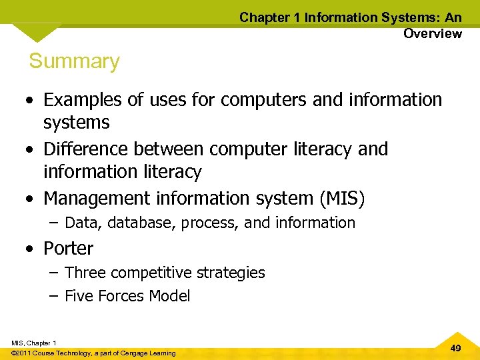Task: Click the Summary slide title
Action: (x=74, y=61)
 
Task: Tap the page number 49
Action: (x=456, y=348)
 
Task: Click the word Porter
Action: (x=68, y=249)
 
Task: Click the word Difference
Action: (x=85, y=149)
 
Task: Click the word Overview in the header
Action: (x=432, y=33)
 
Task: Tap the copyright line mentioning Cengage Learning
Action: (x=93, y=353)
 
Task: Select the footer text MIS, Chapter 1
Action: (x=34, y=343)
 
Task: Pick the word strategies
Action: (x=233, y=273)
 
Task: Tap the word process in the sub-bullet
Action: (x=212, y=223)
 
